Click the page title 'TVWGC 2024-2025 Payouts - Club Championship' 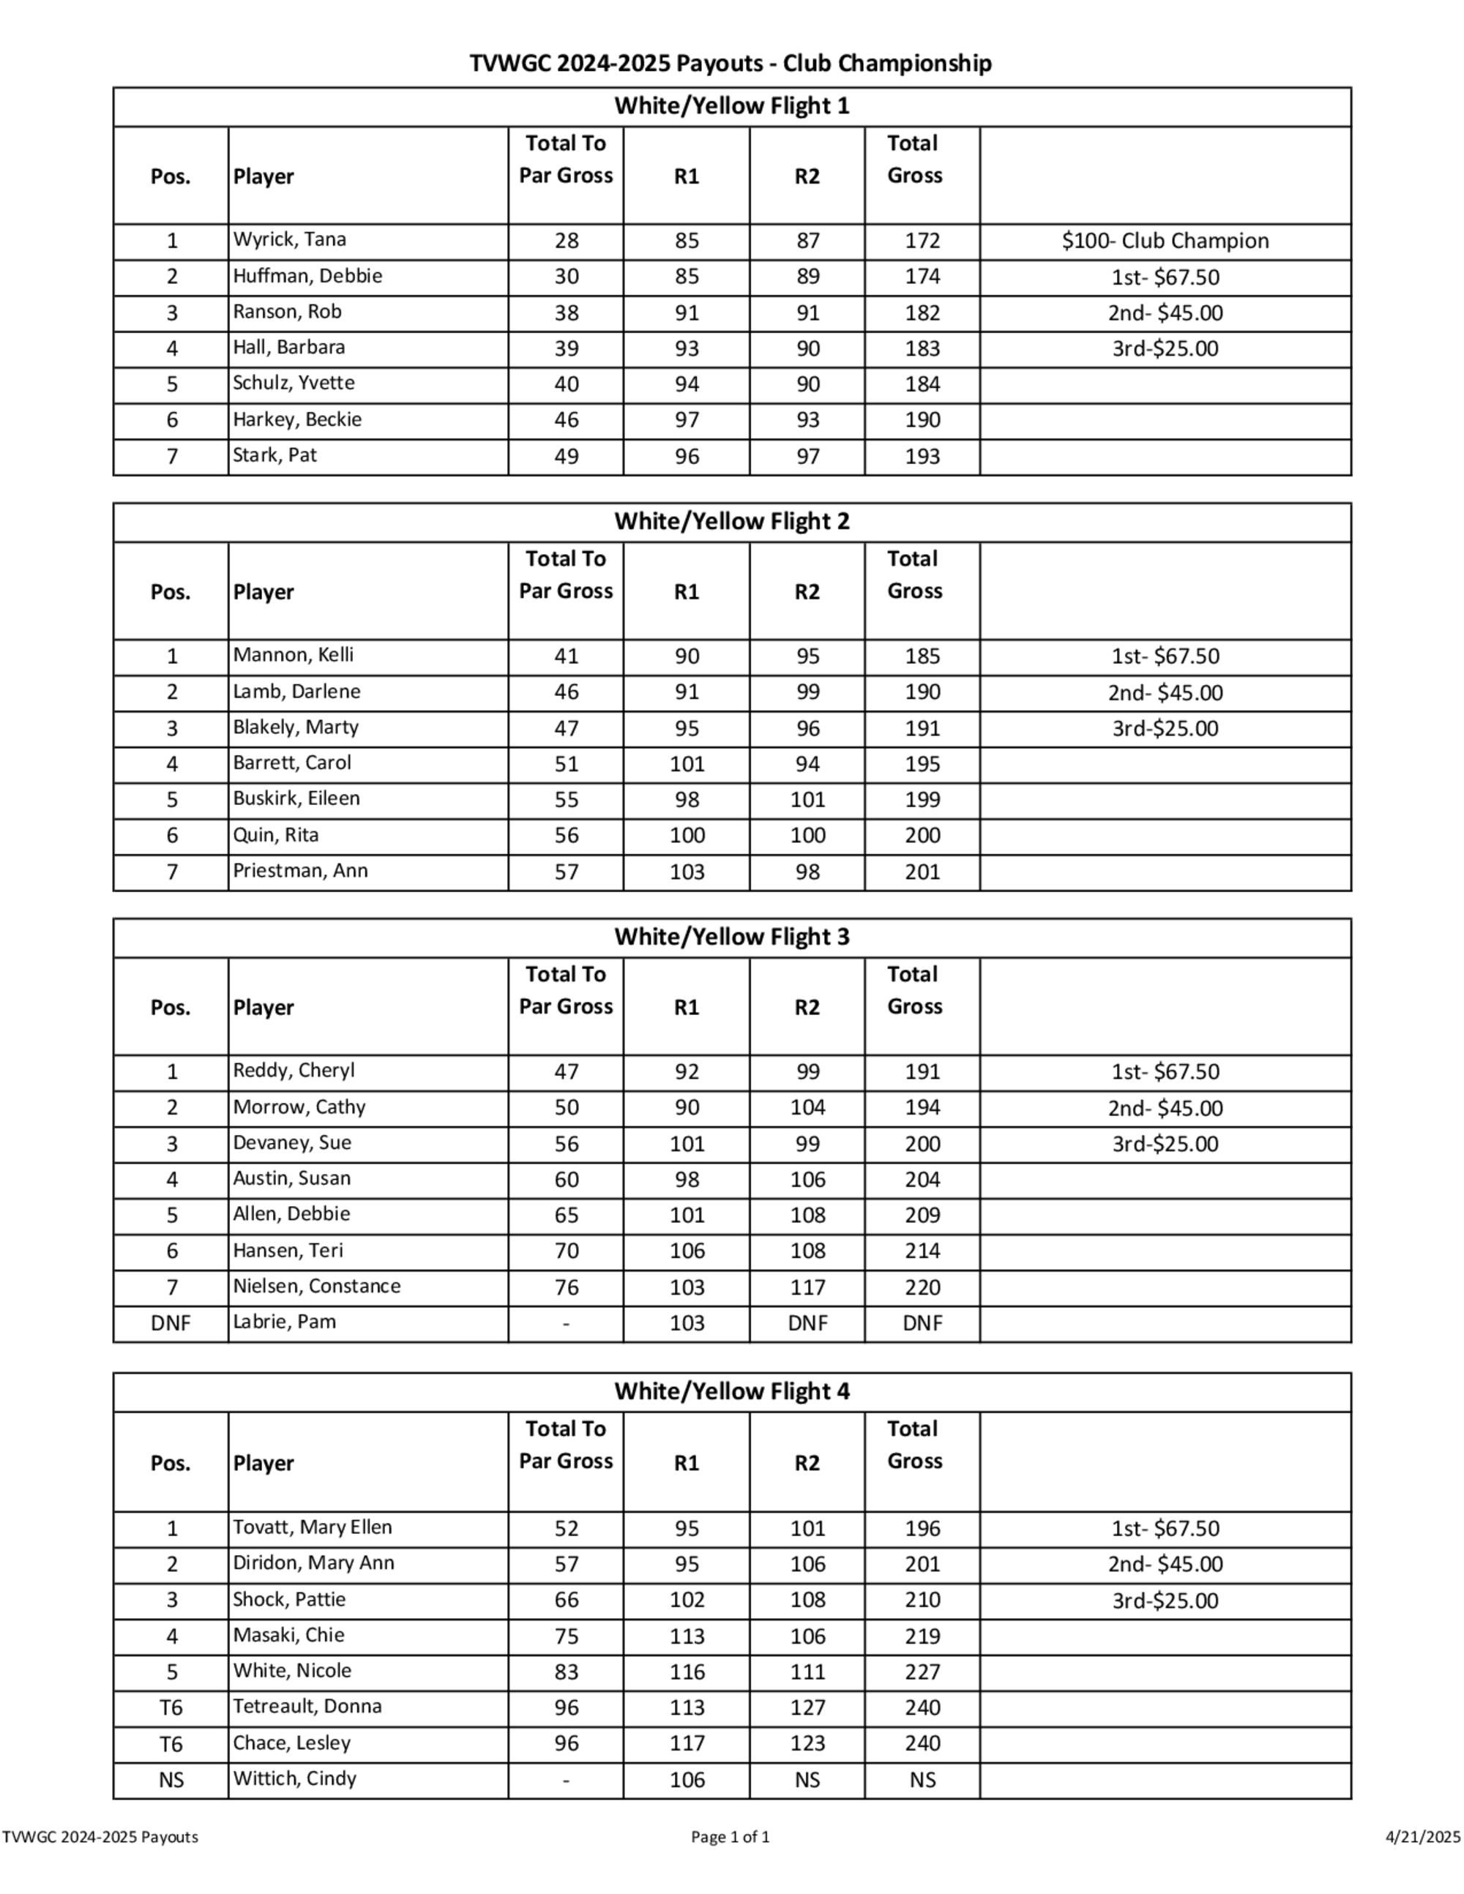731,64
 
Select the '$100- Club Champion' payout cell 1165,241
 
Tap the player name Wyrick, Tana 289,239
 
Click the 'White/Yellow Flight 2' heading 731,521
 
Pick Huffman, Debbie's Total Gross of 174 922,277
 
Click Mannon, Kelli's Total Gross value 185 922,656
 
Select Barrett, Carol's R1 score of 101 686,764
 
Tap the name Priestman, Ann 300,871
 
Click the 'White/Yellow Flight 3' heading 731,937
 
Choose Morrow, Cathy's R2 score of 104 807,1107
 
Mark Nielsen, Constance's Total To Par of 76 566,1287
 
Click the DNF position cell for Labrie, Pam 171,1323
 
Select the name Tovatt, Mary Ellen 313,1527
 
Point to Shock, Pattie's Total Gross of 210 922,1600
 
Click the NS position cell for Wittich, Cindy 171,1780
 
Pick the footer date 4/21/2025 1422,1837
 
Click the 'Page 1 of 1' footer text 731,1837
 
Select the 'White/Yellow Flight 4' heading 731,1391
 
